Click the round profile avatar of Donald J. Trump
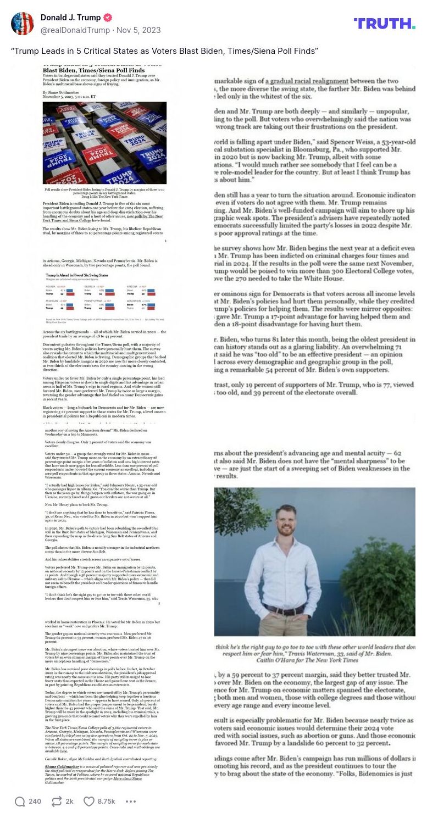(23, 24)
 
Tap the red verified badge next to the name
(108, 18)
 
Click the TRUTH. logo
(384, 23)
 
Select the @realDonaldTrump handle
(75, 30)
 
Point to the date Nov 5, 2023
(138, 30)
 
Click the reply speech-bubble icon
(20, 802)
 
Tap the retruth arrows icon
(56, 802)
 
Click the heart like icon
(89, 802)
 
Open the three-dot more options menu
(130, 802)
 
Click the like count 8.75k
(106, 802)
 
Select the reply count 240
(35, 802)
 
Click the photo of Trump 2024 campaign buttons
(104, 143)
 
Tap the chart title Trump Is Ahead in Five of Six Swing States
(77, 275)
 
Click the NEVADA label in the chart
(50, 286)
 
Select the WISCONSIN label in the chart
(134, 301)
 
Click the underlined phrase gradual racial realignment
(306, 81)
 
